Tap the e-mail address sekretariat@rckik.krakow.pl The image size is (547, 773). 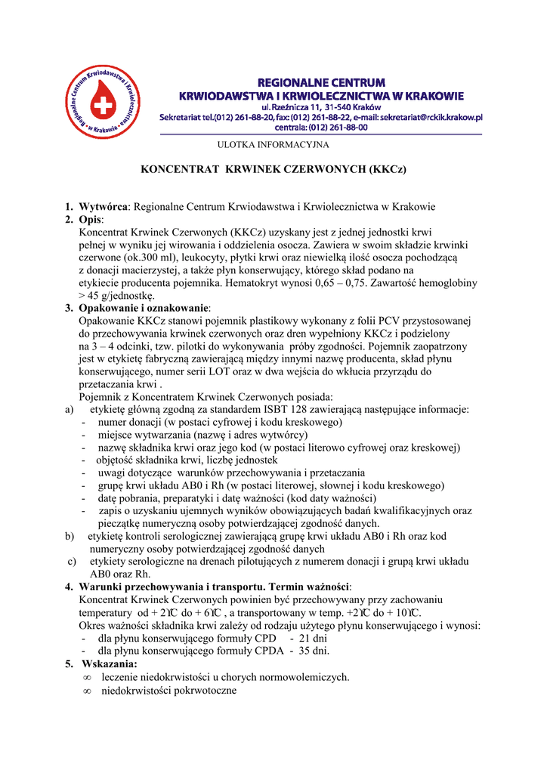(431, 117)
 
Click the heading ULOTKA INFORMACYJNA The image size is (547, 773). (273, 144)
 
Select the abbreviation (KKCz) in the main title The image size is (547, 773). (386, 170)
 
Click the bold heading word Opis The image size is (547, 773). (91, 219)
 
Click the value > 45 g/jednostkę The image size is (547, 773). (116, 296)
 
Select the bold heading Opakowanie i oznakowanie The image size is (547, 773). (144, 309)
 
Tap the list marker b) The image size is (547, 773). (70, 536)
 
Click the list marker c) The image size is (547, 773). (72, 562)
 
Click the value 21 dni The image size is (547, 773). (307, 638)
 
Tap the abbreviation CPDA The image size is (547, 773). (267, 651)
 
